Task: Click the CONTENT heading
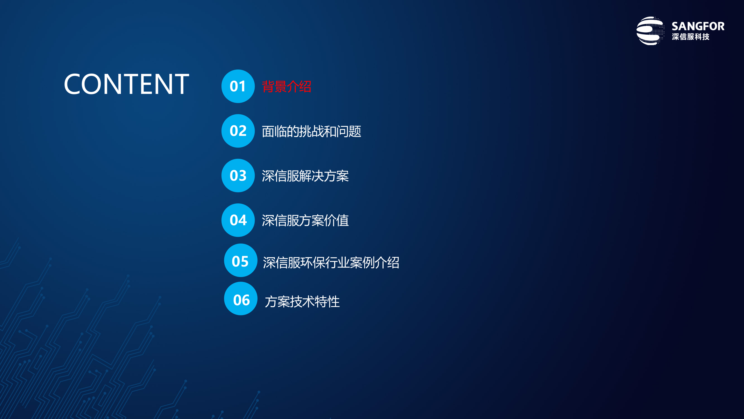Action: click(126, 84)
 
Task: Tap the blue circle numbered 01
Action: click(238, 86)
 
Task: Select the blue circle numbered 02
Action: click(238, 131)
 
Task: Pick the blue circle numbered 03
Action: click(238, 175)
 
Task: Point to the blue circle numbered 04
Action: click(238, 220)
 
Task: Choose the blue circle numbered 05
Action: click(241, 260)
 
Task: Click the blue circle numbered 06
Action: click(241, 299)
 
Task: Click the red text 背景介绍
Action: click(287, 87)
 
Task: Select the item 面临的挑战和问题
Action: click(311, 132)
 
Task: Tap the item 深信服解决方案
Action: click(305, 176)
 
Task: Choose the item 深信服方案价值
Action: click(305, 221)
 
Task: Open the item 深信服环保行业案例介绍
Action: click(331, 263)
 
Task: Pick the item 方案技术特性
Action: click(302, 301)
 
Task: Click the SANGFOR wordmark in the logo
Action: click(698, 26)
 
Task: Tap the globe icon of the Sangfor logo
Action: click(650, 31)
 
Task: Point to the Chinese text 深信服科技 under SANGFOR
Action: click(691, 37)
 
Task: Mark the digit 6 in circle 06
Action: click(246, 300)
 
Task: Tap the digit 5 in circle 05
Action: click(244, 262)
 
